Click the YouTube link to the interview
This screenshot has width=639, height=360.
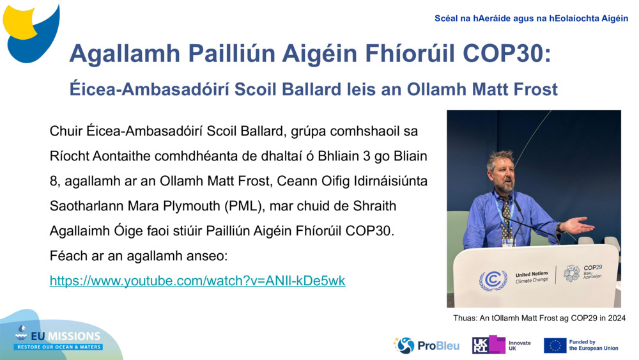(197, 281)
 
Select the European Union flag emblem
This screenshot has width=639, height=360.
(555, 345)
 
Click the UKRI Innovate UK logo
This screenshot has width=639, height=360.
(501, 345)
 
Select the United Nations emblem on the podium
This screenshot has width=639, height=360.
(493, 279)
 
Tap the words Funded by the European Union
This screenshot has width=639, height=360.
(594, 345)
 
